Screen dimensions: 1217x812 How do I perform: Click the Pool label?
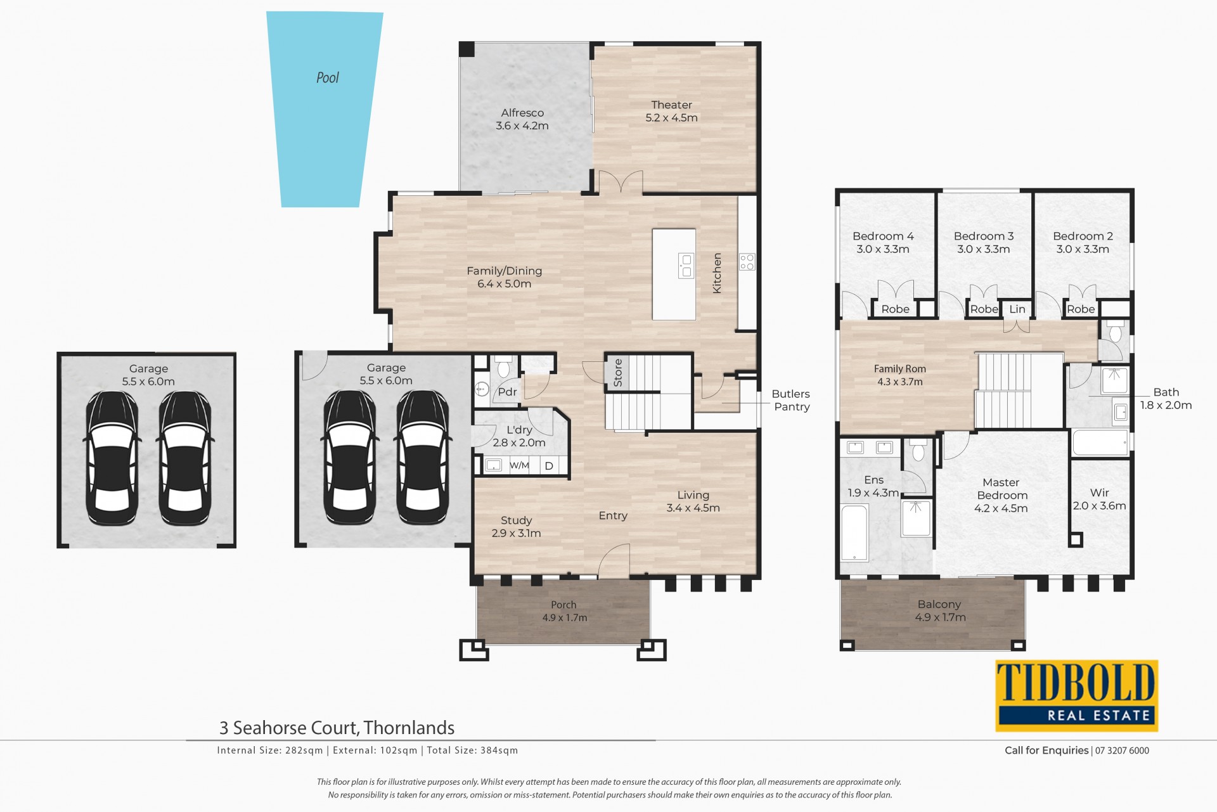(x=328, y=78)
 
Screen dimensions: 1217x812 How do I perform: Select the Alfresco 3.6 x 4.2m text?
(x=522, y=119)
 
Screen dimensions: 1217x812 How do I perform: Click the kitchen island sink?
(x=686, y=266)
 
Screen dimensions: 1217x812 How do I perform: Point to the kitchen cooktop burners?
(x=747, y=262)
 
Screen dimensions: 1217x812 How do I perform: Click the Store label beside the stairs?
(x=618, y=373)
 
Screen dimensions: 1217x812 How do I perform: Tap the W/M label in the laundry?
(x=519, y=466)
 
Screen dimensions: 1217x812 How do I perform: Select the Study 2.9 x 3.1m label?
(x=516, y=527)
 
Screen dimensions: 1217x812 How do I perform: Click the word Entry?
(x=613, y=516)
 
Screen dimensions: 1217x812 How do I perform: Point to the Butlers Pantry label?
(x=791, y=401)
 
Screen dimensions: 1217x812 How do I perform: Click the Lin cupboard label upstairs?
(x=1017, y=309)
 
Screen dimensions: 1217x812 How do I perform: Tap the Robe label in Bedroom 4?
(x=896, y=309)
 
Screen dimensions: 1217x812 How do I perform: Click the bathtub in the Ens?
(x=854, y=532)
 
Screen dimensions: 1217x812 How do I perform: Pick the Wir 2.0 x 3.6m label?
(x=1100, y=499)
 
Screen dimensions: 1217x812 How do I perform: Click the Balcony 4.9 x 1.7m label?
(x=940, y=611)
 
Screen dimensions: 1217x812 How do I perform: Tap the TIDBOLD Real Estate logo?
(x=1077, y=695)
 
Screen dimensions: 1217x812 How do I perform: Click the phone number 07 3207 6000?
(x=1122, y=751)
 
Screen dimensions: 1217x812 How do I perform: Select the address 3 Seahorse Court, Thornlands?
(x=337, y=728)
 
